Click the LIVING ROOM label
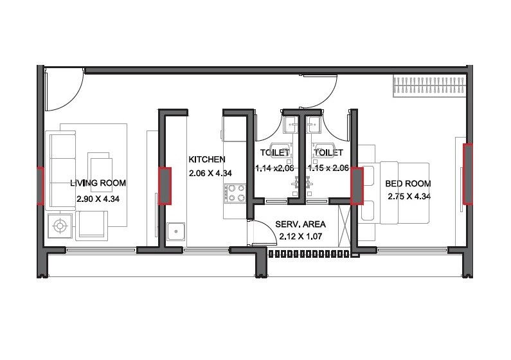coord(98,183)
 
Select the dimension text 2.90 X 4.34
coord(98,199)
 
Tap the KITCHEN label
coord(206,159)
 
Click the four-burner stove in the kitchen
coord(235,192)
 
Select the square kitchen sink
coord(174,233)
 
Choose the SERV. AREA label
coord(300,224)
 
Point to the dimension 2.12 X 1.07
coord(300,237)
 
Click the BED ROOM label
coord(408,183)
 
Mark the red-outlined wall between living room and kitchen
coord(166,185)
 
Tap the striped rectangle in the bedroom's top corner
coord(429,85)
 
